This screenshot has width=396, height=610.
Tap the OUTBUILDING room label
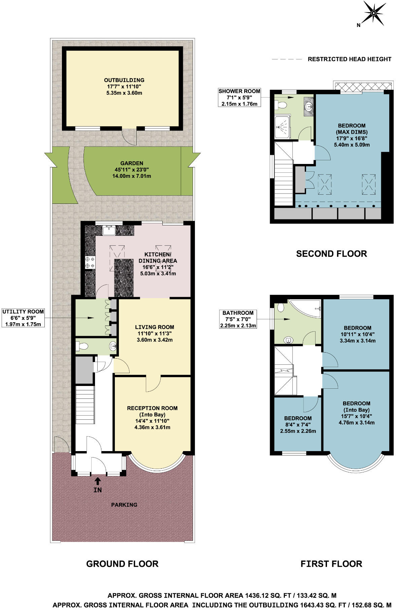click(124, 80)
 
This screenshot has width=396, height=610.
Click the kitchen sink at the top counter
click(109, 231)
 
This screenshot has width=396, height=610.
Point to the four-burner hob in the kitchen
click(90, 262)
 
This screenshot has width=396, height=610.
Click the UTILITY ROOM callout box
click(23, 318)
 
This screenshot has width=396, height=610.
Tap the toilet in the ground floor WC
click(81, 346)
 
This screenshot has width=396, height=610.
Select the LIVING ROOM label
click(155, 327)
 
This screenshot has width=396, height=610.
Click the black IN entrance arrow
click(97, 480)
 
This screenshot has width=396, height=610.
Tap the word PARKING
click(124, 505)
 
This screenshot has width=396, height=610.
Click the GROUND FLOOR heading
click(122, 564)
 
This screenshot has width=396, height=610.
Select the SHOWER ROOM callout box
click(239, 97)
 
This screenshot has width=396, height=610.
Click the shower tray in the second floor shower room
click(282, 128)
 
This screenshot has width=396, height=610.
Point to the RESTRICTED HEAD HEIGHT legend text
click(349, 59)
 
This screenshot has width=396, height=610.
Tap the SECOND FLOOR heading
click(331, 254)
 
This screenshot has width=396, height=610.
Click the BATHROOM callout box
click(238, 319)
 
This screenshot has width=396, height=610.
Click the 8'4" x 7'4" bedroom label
click(298, 424)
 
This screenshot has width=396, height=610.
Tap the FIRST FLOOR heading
click(331, 564)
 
